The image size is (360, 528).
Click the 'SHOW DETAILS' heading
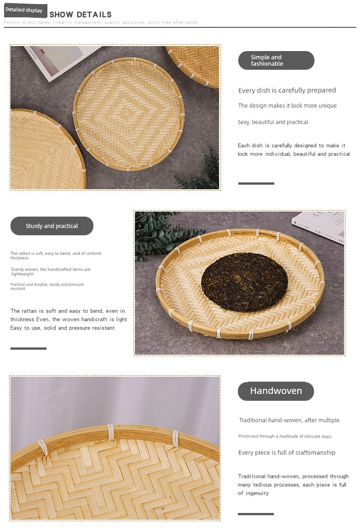80,15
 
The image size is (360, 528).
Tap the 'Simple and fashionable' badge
276,60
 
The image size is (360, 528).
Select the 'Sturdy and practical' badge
52,226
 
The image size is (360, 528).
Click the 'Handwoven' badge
276,391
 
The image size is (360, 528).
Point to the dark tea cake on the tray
245,282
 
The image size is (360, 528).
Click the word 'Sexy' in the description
244,122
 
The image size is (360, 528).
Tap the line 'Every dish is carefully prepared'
287,90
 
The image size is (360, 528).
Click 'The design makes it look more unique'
288,105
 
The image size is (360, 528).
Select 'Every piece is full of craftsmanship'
287,453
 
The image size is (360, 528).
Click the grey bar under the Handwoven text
256,514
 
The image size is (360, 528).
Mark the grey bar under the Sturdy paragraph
28,348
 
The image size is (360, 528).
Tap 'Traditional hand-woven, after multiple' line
289,420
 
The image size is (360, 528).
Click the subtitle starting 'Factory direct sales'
101,22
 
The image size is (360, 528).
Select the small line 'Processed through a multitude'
285,436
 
